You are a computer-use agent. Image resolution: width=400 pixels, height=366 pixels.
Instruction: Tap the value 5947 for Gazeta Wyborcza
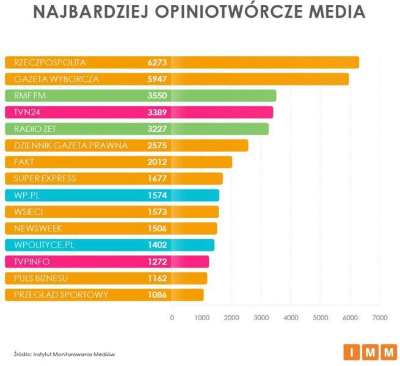tap(157, 79)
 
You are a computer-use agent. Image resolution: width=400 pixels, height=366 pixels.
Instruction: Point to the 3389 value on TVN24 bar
tap(157, 112)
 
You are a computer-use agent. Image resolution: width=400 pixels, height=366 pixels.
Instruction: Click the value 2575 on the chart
tap(157, 145)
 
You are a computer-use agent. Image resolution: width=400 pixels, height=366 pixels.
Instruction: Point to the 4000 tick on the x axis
tap(291, 318)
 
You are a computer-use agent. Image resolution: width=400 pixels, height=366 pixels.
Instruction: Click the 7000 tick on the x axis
tap(380, 318)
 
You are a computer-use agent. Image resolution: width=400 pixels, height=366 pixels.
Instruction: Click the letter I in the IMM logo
tap(352, 352)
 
